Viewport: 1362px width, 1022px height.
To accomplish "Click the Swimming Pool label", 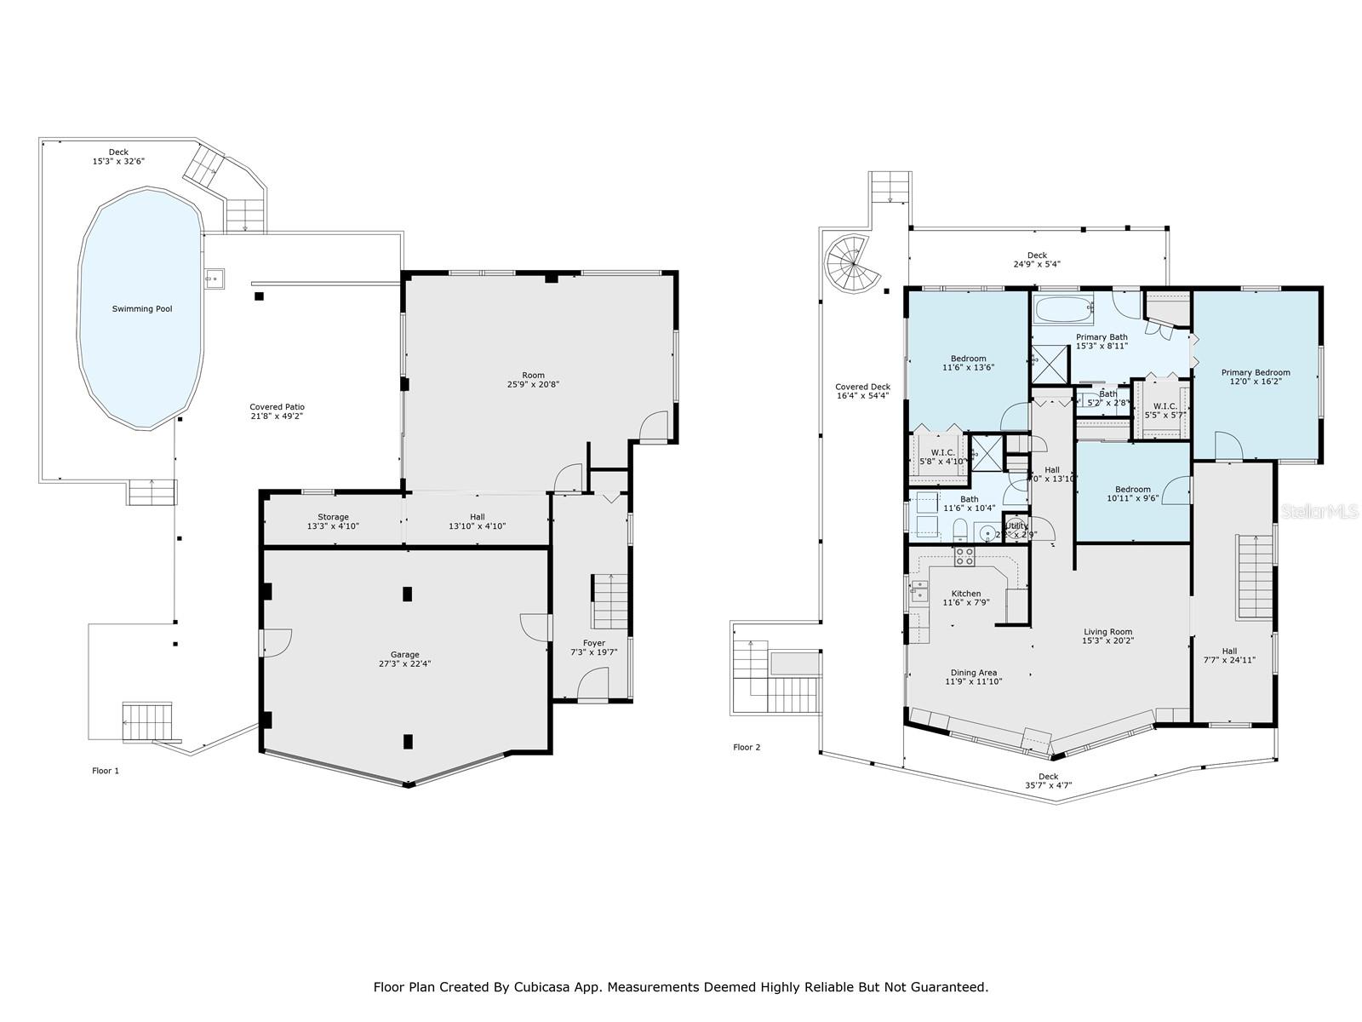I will pos(142,309).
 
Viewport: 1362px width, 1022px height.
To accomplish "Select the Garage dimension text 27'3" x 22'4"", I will pos(404,664).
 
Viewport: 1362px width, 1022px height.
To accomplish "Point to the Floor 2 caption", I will pos(747,747).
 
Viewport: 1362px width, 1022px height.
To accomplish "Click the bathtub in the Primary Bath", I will pos(1062,308).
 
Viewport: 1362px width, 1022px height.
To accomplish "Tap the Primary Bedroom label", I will pos(1255,372).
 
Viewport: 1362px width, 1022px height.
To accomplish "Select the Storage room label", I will pos(333,517).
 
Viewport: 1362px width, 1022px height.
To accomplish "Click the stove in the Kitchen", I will pos(964,557).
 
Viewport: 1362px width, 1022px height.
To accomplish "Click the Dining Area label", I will pos(973,672).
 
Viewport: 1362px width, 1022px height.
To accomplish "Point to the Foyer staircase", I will pos(609,600).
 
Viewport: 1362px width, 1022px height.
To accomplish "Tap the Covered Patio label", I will pos(277,407).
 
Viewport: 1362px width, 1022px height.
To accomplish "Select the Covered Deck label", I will pos(862,387).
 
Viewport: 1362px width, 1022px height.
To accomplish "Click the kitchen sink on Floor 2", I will pos(918,589).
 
